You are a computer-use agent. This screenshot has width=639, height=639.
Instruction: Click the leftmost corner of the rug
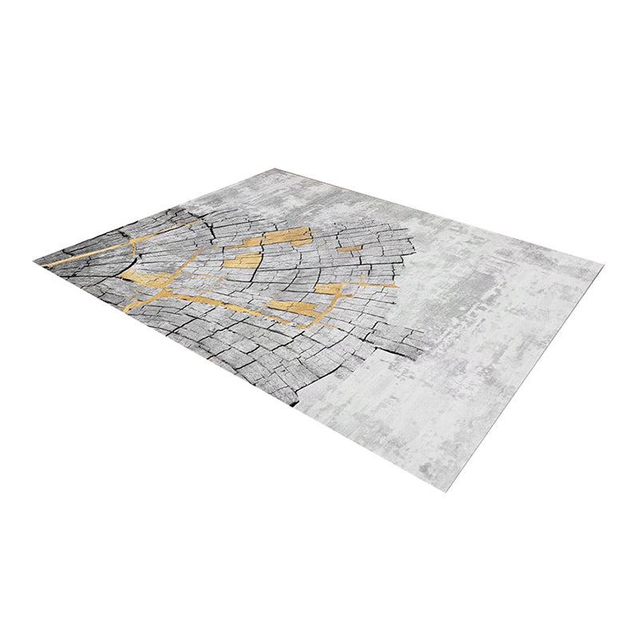click(x=35, y=261)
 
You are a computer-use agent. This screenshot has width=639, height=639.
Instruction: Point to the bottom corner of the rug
click(x=445, y=490)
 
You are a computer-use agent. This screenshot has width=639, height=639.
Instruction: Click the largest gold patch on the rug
click(x=287, y=236)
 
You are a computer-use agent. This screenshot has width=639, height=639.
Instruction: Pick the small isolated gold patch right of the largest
click(x=350, y=248)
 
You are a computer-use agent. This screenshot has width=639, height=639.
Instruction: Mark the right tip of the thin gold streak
click(x=395, y=284)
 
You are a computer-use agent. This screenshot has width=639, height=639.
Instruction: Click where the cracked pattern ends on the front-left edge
click(x=297, y=404)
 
